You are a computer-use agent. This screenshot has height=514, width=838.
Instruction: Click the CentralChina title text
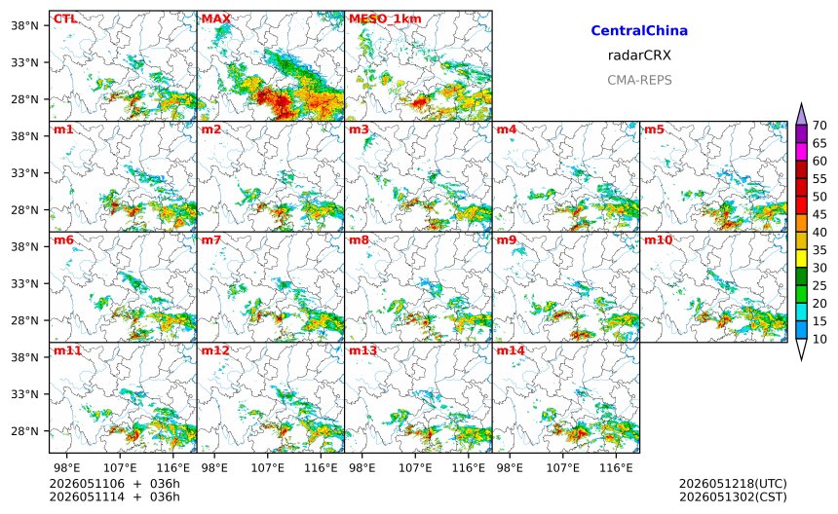pyautogui.click(x=639, y=30)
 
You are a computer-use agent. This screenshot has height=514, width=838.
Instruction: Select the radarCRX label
pyautogui.click(x=639, y=55)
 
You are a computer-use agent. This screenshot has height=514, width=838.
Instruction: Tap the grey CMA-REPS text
pyautogui.click(x=639, y=80)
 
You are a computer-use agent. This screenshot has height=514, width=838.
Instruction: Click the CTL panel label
pyautogui.click(x=65, y=18)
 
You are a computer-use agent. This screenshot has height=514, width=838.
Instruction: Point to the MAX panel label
pyautogui.click(x=216, y=18)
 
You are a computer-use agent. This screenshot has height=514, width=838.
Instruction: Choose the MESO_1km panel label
pyautogui.click(x=385, y=19)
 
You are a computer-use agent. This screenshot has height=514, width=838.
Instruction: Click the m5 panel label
pyautogui.click(x=654, y=129)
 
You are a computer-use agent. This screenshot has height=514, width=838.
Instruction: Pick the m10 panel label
pyautogui.click(x=658, y=239)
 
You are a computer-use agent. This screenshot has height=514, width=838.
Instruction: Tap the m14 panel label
pyautogui.click(x=511, y=350)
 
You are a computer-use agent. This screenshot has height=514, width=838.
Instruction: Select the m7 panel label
pyautogui.click(x=211, y=239)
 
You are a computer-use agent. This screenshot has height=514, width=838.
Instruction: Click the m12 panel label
pyautogui.click(x=215, y=350)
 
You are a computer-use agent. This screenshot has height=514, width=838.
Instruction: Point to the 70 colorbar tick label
pyautogui.click(x=819, y=126)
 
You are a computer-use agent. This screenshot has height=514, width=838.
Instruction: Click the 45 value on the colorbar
pyautogui.click(x=819, y=214)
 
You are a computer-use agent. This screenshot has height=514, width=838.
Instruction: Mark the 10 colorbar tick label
pyautogui.click(x=819, y=339)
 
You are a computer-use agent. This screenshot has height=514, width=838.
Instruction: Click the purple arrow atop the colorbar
pyautogui.click(x=801, y=114)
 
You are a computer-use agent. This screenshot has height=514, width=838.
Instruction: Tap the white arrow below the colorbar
pyautogui.click(x=801, y=349)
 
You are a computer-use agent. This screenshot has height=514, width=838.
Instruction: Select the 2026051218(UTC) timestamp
pyautogui.click(x=733, y=484)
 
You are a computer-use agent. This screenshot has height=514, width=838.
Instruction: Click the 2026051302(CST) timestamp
pyautogui.click(x=733, y=496)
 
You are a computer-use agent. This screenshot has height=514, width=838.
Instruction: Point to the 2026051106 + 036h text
pyautogui.click(x=114, y=484)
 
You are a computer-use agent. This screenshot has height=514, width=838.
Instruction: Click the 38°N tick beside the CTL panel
pyautogui.click(x=24, y=25)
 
